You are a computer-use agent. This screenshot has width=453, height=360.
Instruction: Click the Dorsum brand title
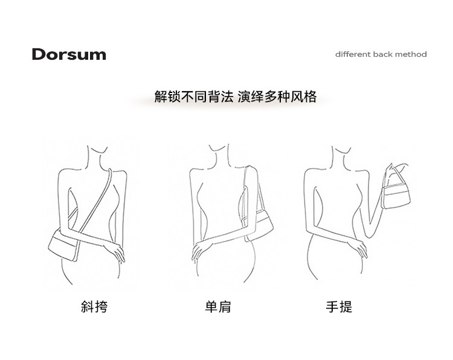69,54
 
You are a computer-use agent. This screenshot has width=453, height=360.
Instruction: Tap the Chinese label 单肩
218,307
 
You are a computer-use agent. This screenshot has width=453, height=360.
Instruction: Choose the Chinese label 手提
339,307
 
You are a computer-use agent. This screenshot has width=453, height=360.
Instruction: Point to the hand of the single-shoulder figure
202,250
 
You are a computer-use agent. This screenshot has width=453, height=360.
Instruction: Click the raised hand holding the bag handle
389,171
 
